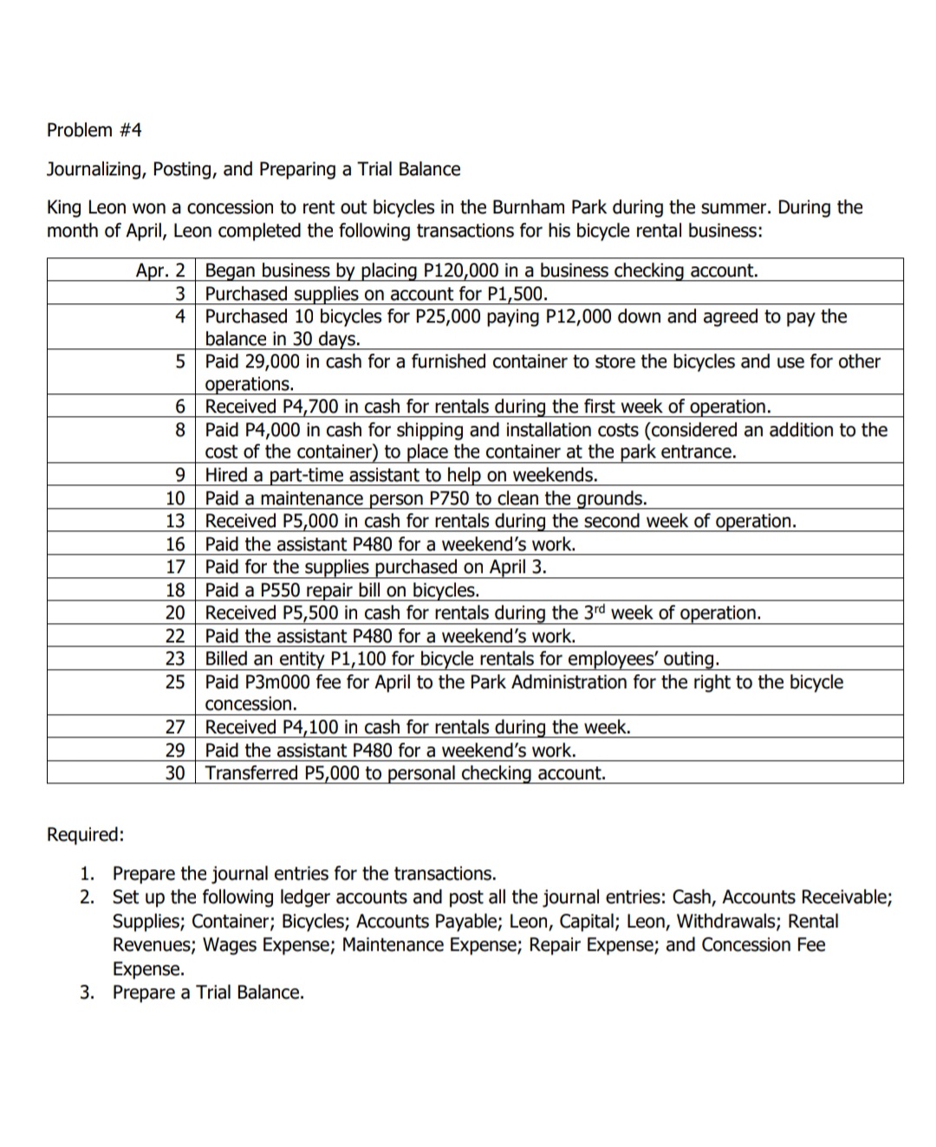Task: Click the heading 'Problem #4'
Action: click(x=94, y=130)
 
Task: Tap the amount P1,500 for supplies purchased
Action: click(x=517, y=294)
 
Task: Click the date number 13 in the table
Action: click(x=175, y=522)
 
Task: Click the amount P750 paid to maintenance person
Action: click(x=449, y=499)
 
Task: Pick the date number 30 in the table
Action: click(x=175, y=773)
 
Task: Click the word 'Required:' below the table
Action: click(x=85, y=834)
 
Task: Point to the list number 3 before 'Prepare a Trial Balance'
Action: click(x=87, y=992)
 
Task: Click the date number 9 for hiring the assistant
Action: click(x=180, y=476)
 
